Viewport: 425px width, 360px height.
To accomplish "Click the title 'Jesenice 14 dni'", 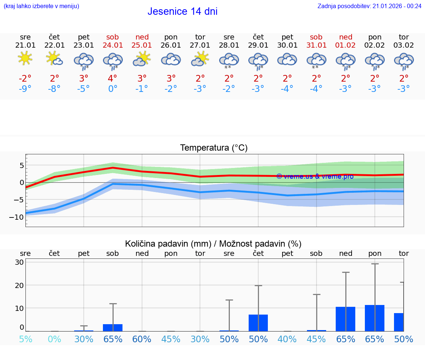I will pos(182,11).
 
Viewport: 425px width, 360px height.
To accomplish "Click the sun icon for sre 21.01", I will pos(25,58).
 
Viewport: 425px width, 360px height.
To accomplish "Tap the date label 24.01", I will pos(113,45).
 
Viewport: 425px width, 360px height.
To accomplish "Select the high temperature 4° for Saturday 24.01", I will pos(113,78).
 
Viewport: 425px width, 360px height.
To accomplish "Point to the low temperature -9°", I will pos(25,89).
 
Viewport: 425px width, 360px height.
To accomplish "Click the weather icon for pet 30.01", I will pos(287,59).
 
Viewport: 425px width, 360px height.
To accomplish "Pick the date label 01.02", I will pos(346,45).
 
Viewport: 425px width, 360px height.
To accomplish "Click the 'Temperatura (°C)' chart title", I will pos(214,148).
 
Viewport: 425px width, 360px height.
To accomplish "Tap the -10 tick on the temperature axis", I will pos(17,217).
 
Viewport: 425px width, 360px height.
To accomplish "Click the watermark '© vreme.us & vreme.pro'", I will pos(315,176).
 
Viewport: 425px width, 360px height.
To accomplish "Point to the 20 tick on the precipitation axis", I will pos(19,285).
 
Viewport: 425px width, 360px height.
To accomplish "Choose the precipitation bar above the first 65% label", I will pos(113,328).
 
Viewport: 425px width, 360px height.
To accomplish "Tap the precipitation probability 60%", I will pos(142,339).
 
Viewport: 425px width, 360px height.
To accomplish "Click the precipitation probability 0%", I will pos(54,339).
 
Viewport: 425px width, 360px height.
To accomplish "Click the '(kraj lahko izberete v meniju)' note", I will pos(41,6).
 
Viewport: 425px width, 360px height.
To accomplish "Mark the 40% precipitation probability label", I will pos(287,339).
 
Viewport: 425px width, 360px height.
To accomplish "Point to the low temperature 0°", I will pos(113,89).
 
